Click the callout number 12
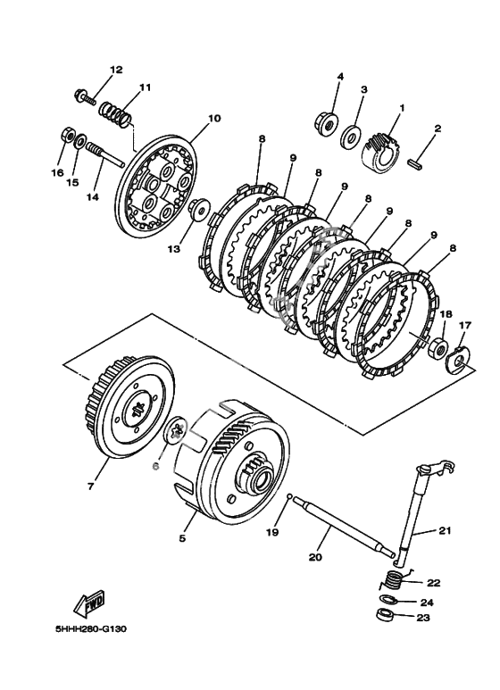pyautogui.click(x=116, y=70)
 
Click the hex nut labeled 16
pyautogui.click(x=67, y=134)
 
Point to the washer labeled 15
pyautogui.click(x=80, y=141)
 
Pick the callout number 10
pyautogui.click(x=215, y=119)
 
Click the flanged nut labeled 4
pyautogui.click(x=327, y=123)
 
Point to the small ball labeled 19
pyautogui.click(x=288, y=497)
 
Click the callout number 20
pyautogui.click(x=315, y=558)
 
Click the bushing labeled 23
pyautogui.click(x=385, y=615)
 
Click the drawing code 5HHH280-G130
pyautogui.click(x=91, y=629)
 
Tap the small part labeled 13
pyautogui.click(x=199, y=209)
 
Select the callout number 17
pyautogui.click(x=453, y=326)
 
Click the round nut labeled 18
pyautogui.click(x=437, y=346)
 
